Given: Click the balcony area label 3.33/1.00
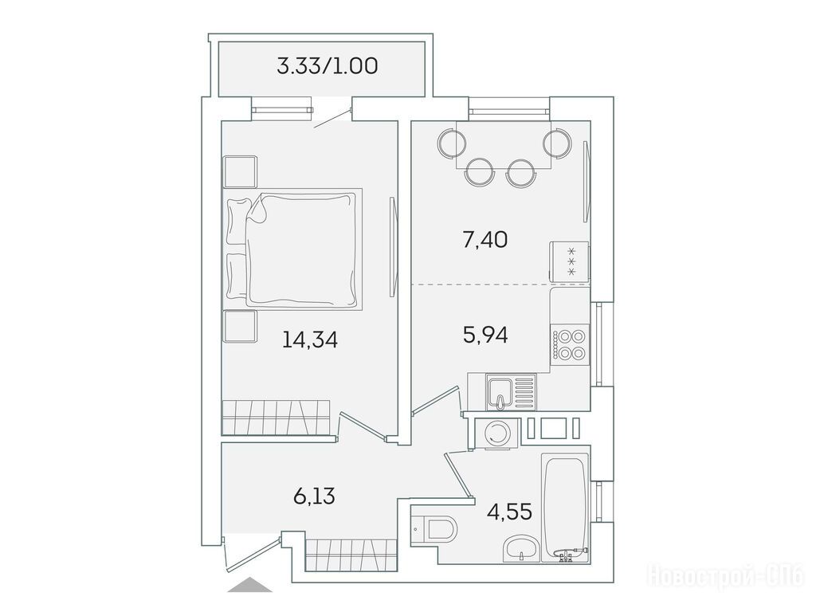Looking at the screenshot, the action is click(328, 66).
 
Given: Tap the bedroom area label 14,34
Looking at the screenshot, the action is click(310, 339).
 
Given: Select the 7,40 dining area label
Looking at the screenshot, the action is click(485, 240).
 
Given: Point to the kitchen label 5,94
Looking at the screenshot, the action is click(485, 335).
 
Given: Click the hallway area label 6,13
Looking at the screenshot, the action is click(314, 496).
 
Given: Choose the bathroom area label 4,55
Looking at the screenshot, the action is click(509, 512).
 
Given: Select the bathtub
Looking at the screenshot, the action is click(565, 508).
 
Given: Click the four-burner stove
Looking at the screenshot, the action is click(570, 344).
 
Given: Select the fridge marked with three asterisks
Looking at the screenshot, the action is click(569, 261).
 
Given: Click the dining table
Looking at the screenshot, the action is click(504, 144).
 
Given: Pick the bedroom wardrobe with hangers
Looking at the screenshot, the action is click(276, 418).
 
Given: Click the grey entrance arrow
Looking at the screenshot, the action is click(249, 584).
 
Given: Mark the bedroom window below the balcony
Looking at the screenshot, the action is click(281, 110).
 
